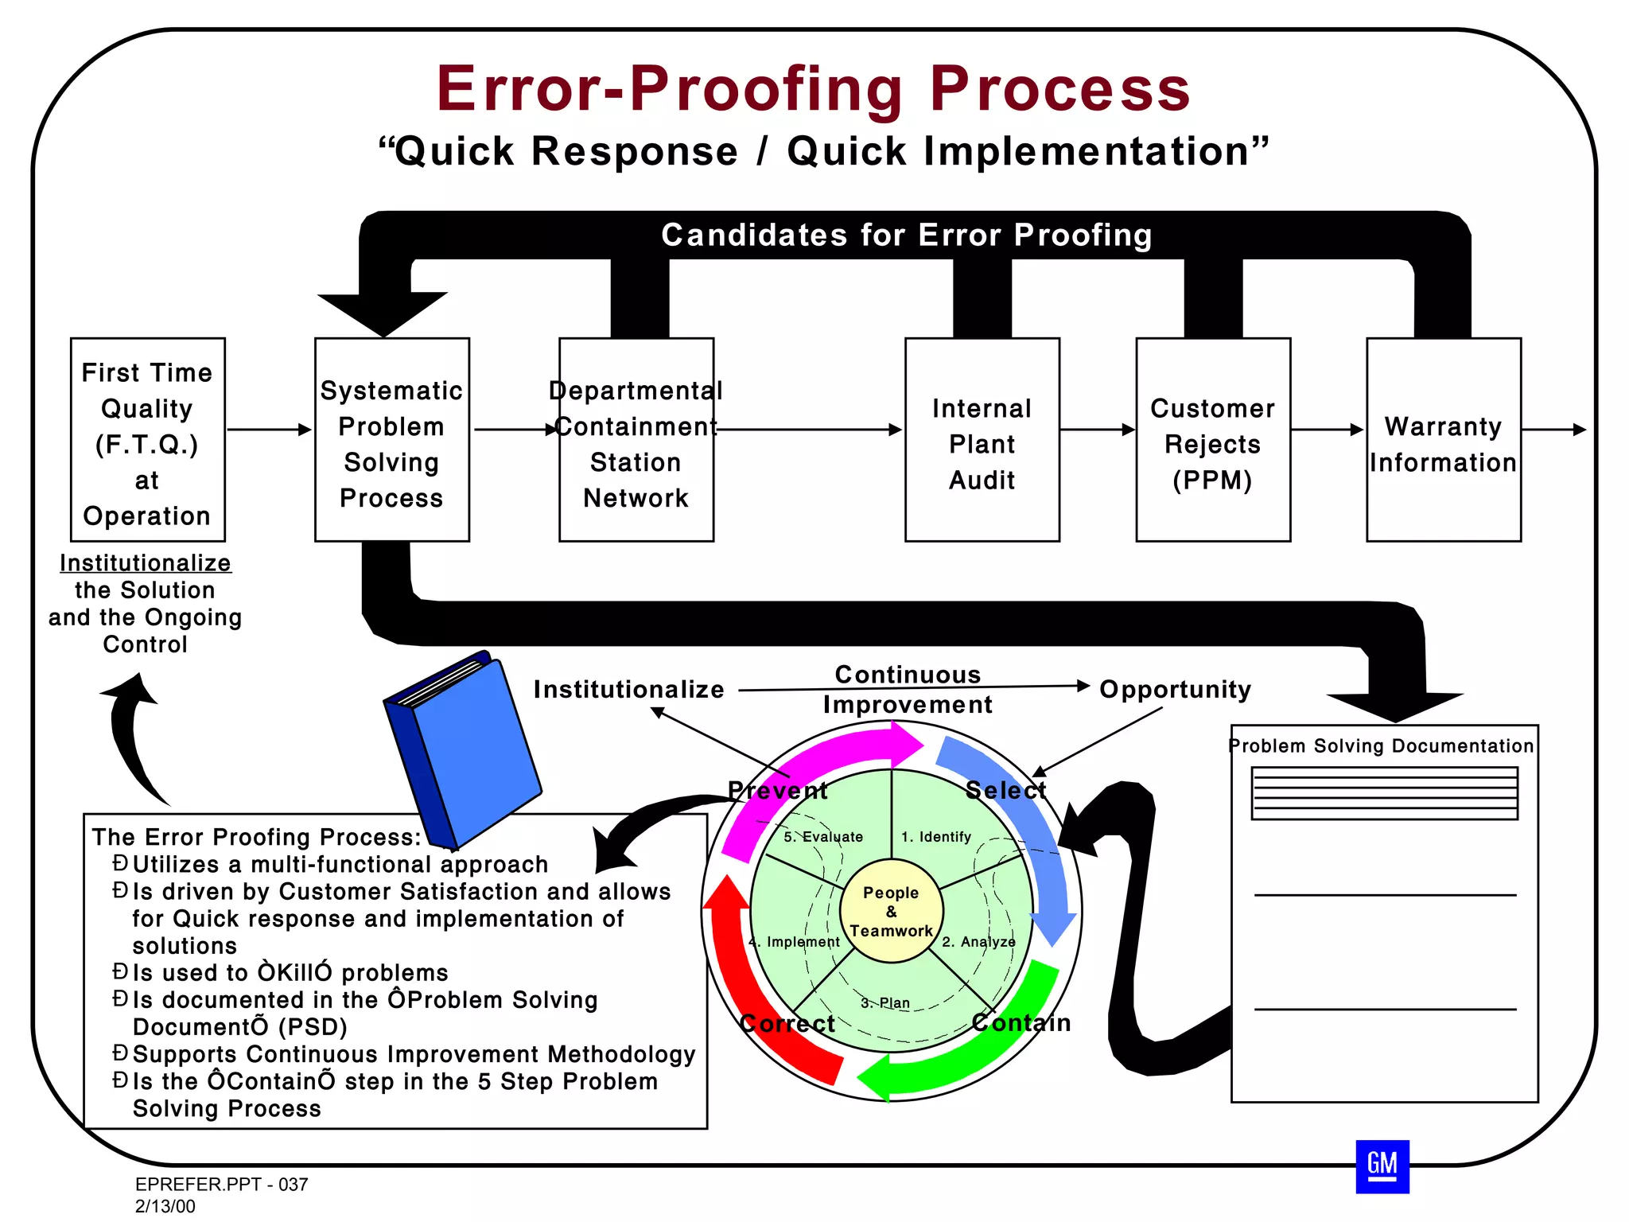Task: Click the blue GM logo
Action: (1382, 1166)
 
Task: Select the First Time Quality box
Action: (147, 440)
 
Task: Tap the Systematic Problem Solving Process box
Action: (391, 440)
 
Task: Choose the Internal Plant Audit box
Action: (982, 440)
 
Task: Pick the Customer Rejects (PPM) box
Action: (1212, 440)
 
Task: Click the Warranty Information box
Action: (1443, 440)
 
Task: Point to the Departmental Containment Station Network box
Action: (636, 440)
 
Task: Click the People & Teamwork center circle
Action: (891, 911)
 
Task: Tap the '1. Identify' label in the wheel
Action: (935, 837)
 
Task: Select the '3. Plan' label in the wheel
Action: (885, 1002)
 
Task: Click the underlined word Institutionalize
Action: (146, 562)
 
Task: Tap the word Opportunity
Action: (1175, 689)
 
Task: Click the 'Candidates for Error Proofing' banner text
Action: (906, 235)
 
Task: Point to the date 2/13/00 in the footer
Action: (165, 1206)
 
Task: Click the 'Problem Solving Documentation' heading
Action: (1381, 745)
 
